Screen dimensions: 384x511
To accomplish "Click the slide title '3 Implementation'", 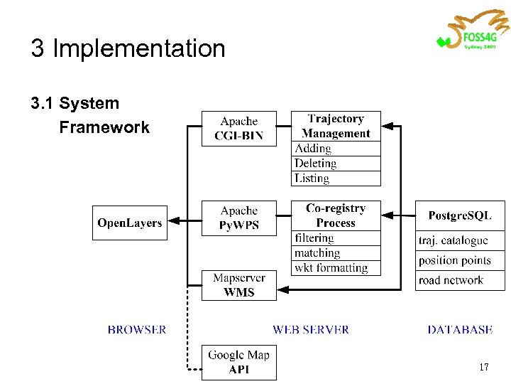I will coord(128,48).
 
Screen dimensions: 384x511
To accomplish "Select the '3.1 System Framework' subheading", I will coord(89,115).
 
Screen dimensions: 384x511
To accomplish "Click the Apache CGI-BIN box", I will coord(238,129).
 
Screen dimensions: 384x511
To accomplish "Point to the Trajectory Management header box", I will coord(336,126).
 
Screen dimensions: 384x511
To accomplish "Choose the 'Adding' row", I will coord(336,149).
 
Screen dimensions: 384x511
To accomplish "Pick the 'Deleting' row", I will coord(336,164).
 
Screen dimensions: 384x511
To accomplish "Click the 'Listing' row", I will coord(336,178).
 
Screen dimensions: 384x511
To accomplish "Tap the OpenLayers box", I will coord(130,223).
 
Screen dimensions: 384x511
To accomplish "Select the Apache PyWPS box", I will coord(238,218).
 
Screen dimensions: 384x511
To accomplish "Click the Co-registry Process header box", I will coord(336,215).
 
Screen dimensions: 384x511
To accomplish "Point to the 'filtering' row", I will coord(336,238).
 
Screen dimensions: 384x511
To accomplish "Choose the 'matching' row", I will coord(336,253).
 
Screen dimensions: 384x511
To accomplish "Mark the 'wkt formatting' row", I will coord(336,268).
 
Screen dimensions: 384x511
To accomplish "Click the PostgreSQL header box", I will coord(460,215).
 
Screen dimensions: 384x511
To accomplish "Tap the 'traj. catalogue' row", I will coord(460,241).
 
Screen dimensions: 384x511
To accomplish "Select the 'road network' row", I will coord(460,280).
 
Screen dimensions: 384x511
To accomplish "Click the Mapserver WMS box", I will coord(238,285).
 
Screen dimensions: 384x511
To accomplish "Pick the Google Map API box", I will coord(238,362).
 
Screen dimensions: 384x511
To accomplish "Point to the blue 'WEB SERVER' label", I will coord(311,330).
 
